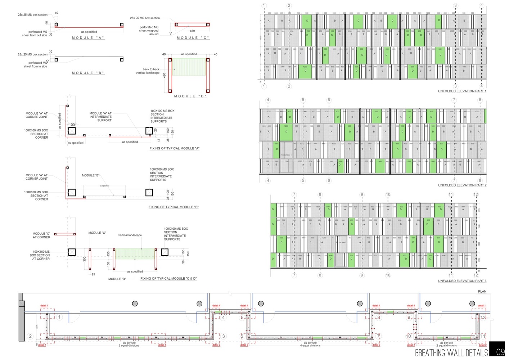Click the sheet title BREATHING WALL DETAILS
[451, 352]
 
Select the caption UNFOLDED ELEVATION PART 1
[462, 91]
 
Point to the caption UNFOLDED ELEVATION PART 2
[462, 185]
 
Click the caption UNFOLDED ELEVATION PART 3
[462, 281]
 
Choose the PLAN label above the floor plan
[482, 292]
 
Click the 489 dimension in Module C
[192, 31]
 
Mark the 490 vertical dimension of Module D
[165, 76]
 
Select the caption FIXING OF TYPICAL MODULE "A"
[174, 148]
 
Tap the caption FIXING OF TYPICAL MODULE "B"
[174, 207]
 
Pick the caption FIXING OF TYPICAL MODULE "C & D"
[168, 279]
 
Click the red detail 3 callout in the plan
[162, 345]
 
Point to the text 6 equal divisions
[129, 346]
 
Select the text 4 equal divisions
[310, 346]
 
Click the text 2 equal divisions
[446, 346]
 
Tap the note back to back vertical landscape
[148, 71]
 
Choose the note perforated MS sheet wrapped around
[149, 31]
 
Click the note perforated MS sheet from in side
[36, 64]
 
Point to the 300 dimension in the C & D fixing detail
[85, 259]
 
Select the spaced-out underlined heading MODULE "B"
[88, 73]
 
